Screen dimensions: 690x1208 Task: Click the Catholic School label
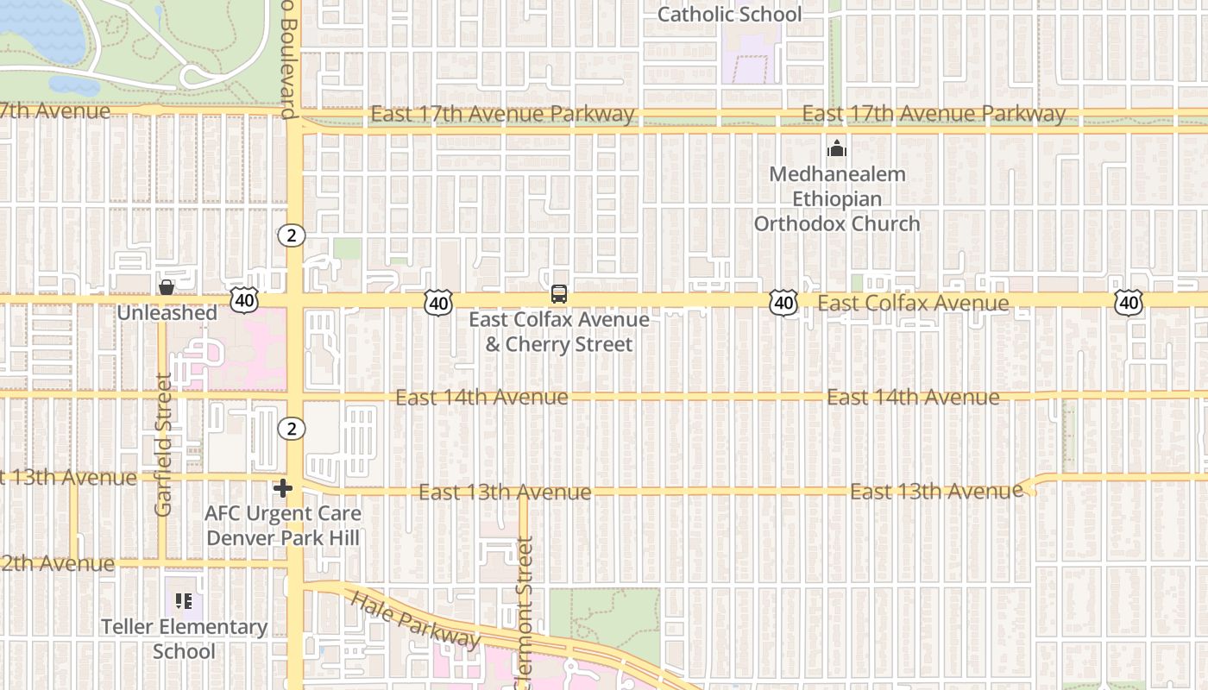click(729, 15)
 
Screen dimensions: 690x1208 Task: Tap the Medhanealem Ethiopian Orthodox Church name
click(836, 199)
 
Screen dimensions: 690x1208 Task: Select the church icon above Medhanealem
click(836, 149)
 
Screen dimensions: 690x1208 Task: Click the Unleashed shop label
click(167, 313)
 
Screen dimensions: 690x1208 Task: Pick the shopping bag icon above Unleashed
click(166, 287)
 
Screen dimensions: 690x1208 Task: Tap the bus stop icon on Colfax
click(559, 294)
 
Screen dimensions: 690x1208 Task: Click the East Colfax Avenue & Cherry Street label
click(559, 332)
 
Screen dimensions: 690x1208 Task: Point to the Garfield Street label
click(164, 444)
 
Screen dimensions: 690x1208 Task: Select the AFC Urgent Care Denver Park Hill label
click(283, 525)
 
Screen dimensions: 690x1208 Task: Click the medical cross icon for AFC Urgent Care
click(282, 489)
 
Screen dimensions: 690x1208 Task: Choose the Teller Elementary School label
click(184, 638)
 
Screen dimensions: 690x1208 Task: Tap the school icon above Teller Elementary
click(183, 600)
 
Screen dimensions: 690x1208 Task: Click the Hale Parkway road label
click(416, 619)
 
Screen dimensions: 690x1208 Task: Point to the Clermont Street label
click(525, 612)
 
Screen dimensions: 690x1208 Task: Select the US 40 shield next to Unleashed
click(244, 300)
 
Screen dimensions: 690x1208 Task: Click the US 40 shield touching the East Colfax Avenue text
click(783, 303)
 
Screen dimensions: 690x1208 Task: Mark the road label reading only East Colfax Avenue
click(913, 303)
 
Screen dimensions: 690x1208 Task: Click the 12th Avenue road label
click(57, 564)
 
